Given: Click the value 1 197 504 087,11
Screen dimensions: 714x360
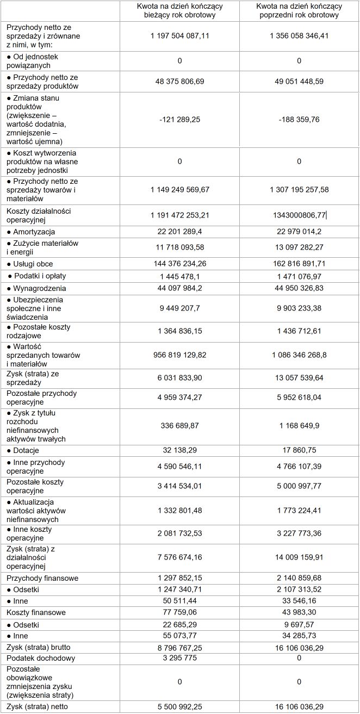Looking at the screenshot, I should point(179,36).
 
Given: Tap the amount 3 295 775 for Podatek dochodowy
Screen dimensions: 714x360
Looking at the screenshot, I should point(179,658).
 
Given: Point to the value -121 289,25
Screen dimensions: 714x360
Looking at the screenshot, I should point(179,120).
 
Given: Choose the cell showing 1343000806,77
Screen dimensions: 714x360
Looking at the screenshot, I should point(299,215).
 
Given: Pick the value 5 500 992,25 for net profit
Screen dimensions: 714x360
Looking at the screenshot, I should point(179,706).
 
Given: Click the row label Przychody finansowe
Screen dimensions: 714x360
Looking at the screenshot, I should point(42,578).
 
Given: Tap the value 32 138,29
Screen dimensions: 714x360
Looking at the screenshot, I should point(179,450).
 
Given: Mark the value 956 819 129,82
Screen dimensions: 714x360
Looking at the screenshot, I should point(179,355).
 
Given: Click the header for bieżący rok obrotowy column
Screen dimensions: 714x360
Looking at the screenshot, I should point(179,11).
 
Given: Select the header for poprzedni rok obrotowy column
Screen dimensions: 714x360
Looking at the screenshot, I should point(299,11).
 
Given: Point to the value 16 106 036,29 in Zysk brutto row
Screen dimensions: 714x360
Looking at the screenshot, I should point(299,647).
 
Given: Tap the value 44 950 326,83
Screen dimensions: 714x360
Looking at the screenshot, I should point(299,288).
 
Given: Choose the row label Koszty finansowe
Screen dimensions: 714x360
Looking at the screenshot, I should point(36,612).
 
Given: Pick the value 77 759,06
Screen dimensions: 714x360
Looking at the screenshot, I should point(179,612).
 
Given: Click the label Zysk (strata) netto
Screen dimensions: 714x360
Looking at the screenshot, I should point(38,706).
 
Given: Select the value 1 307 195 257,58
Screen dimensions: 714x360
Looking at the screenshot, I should point(299,190).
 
